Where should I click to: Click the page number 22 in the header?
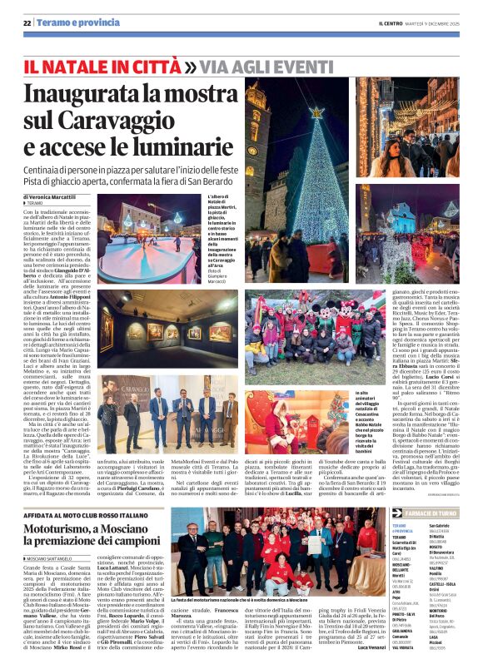pos(27,22)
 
